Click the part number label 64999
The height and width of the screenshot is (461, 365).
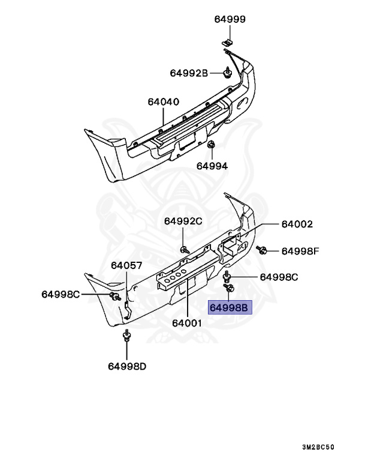click(x=230, y=19)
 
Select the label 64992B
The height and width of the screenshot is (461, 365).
click(x=188, y=74)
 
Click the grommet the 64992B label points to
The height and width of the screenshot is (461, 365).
click(x=228, y=73)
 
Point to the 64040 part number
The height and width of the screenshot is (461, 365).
click(x=163, y=102)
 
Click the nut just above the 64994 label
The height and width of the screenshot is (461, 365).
click(x=211, y=146)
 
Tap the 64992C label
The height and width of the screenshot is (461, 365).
click(x=183, y=221)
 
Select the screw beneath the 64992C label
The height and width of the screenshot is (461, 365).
click(x=182, y=248)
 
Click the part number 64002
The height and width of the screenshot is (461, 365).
click(x=297, y=224)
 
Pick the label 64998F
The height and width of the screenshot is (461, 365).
click(x=300, y=251)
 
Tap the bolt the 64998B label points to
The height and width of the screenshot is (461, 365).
click(x=230, y=289)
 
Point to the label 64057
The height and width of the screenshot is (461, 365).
click(x=126, y=265)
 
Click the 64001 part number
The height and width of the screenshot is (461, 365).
click(x=186, y=322)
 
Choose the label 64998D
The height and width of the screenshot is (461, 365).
click(x=127, y=366)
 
